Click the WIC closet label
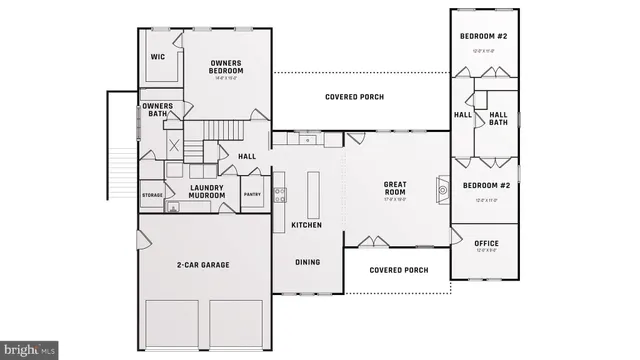click(157, 57)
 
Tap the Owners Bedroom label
click(226, 68)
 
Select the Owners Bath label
click(158, 110)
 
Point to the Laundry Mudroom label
click(207, 191)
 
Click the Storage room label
click(152, 195)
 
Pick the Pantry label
click(253, 195)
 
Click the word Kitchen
click(306, 226)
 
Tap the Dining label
click(307, 262)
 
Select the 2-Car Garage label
click(203, 265)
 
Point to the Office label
click(486, 243)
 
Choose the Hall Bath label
click(498, 118)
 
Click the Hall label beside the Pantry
click(246, 157)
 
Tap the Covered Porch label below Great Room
click(398, 270)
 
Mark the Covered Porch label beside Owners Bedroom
click(355, 97)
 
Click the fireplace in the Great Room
click(442, 188)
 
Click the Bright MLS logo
click(29, 350)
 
